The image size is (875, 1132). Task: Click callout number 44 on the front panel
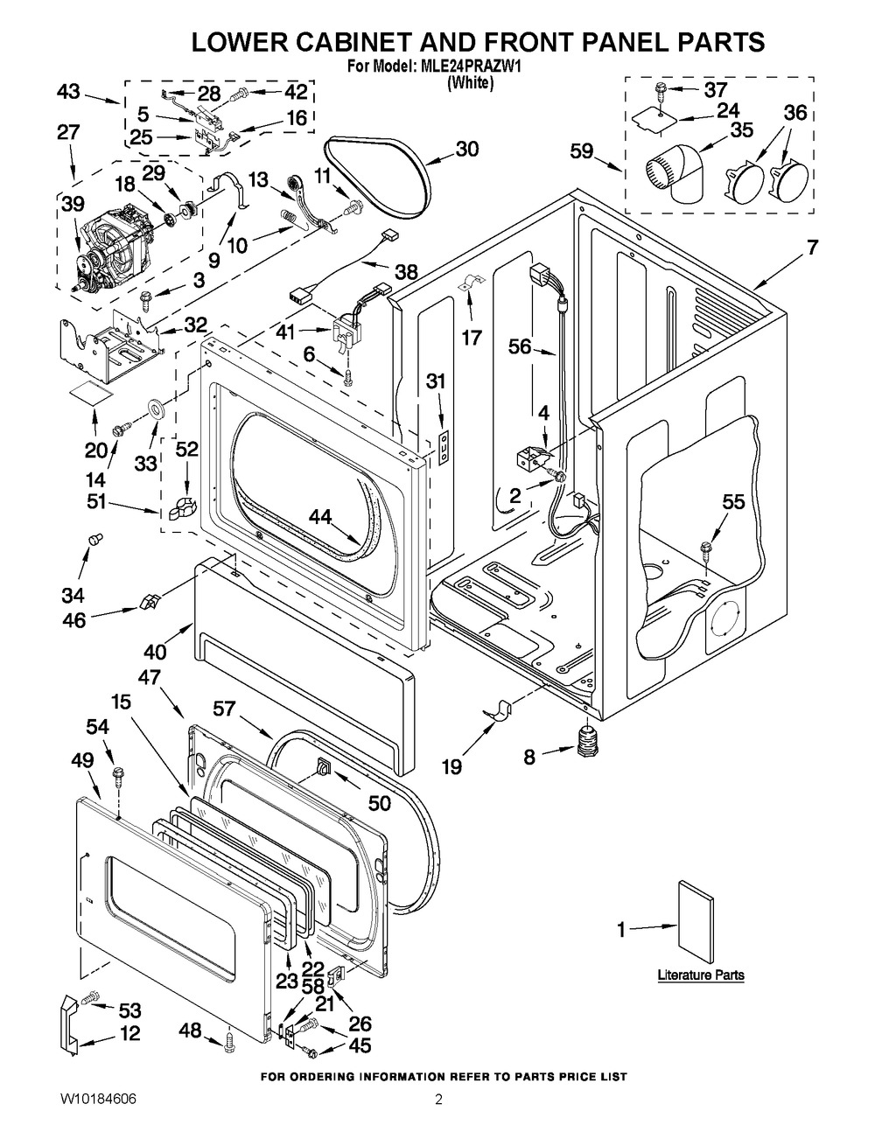point(320,517)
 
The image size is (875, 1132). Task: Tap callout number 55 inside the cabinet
point(733,501)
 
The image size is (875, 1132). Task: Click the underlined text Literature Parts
point(701,975)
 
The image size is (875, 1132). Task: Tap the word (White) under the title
point(471,83)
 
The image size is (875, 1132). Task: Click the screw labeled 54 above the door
point(120,773)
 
